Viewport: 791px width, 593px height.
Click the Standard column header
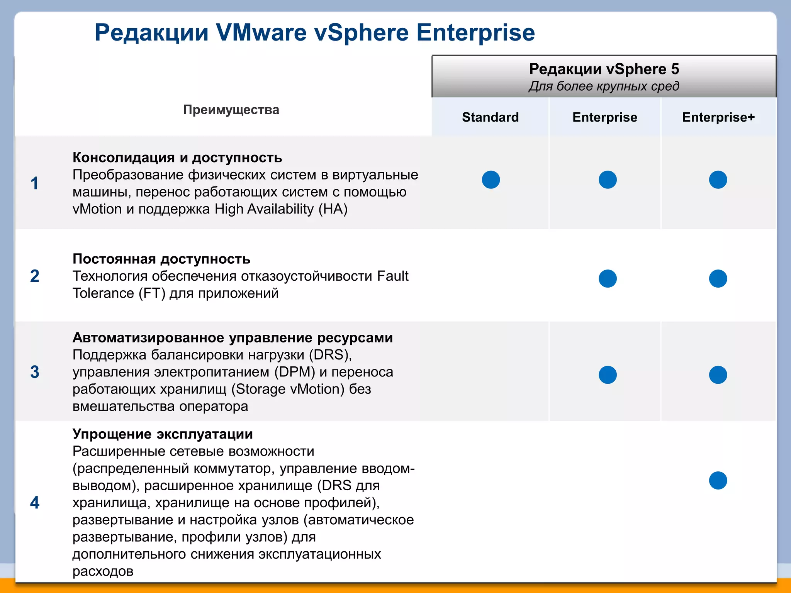[490, 117]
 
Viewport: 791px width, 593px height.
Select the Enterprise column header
[604, 117]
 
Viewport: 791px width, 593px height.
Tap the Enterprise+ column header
[718, 117]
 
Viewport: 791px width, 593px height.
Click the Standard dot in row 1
[491, 180]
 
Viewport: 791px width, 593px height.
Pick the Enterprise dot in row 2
[608, 278]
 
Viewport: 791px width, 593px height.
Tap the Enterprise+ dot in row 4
[718, 480]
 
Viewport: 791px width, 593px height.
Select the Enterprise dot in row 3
[608, 374]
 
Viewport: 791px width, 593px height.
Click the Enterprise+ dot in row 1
[718, 180]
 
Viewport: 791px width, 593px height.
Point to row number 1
[35, 183]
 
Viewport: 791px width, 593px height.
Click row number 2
[35, 276]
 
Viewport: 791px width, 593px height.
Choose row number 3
[35, 372]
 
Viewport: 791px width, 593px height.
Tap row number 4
[35, 502]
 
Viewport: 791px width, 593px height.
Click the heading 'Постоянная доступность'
[161, 259]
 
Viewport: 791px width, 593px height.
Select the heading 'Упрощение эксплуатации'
[163, 434]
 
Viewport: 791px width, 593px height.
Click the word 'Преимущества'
[231, 110]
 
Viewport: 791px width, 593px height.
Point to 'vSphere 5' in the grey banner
[642, 69]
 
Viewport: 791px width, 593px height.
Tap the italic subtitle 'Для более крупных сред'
[604, 86]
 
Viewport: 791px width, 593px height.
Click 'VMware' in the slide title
[261, 32]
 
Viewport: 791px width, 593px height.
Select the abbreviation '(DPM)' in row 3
[295, 372]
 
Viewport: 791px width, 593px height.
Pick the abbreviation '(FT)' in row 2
[152, 293]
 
